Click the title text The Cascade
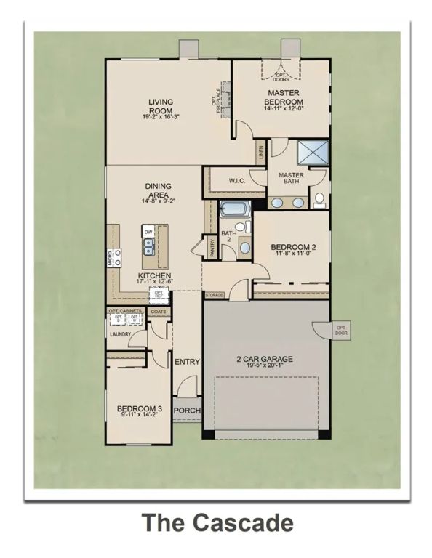[x=217, y=523]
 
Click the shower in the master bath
[x=313, y=153]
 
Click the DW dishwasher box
[x=148, y=232]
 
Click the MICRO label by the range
[x=111, y=256]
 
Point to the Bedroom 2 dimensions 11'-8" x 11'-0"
[x=292, y=254]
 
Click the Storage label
[x=214, y=296]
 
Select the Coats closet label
[x=158, y=313]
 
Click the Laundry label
[x=119, y=334]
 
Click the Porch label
[x=186, y=410]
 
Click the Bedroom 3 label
[x=139, y=410]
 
